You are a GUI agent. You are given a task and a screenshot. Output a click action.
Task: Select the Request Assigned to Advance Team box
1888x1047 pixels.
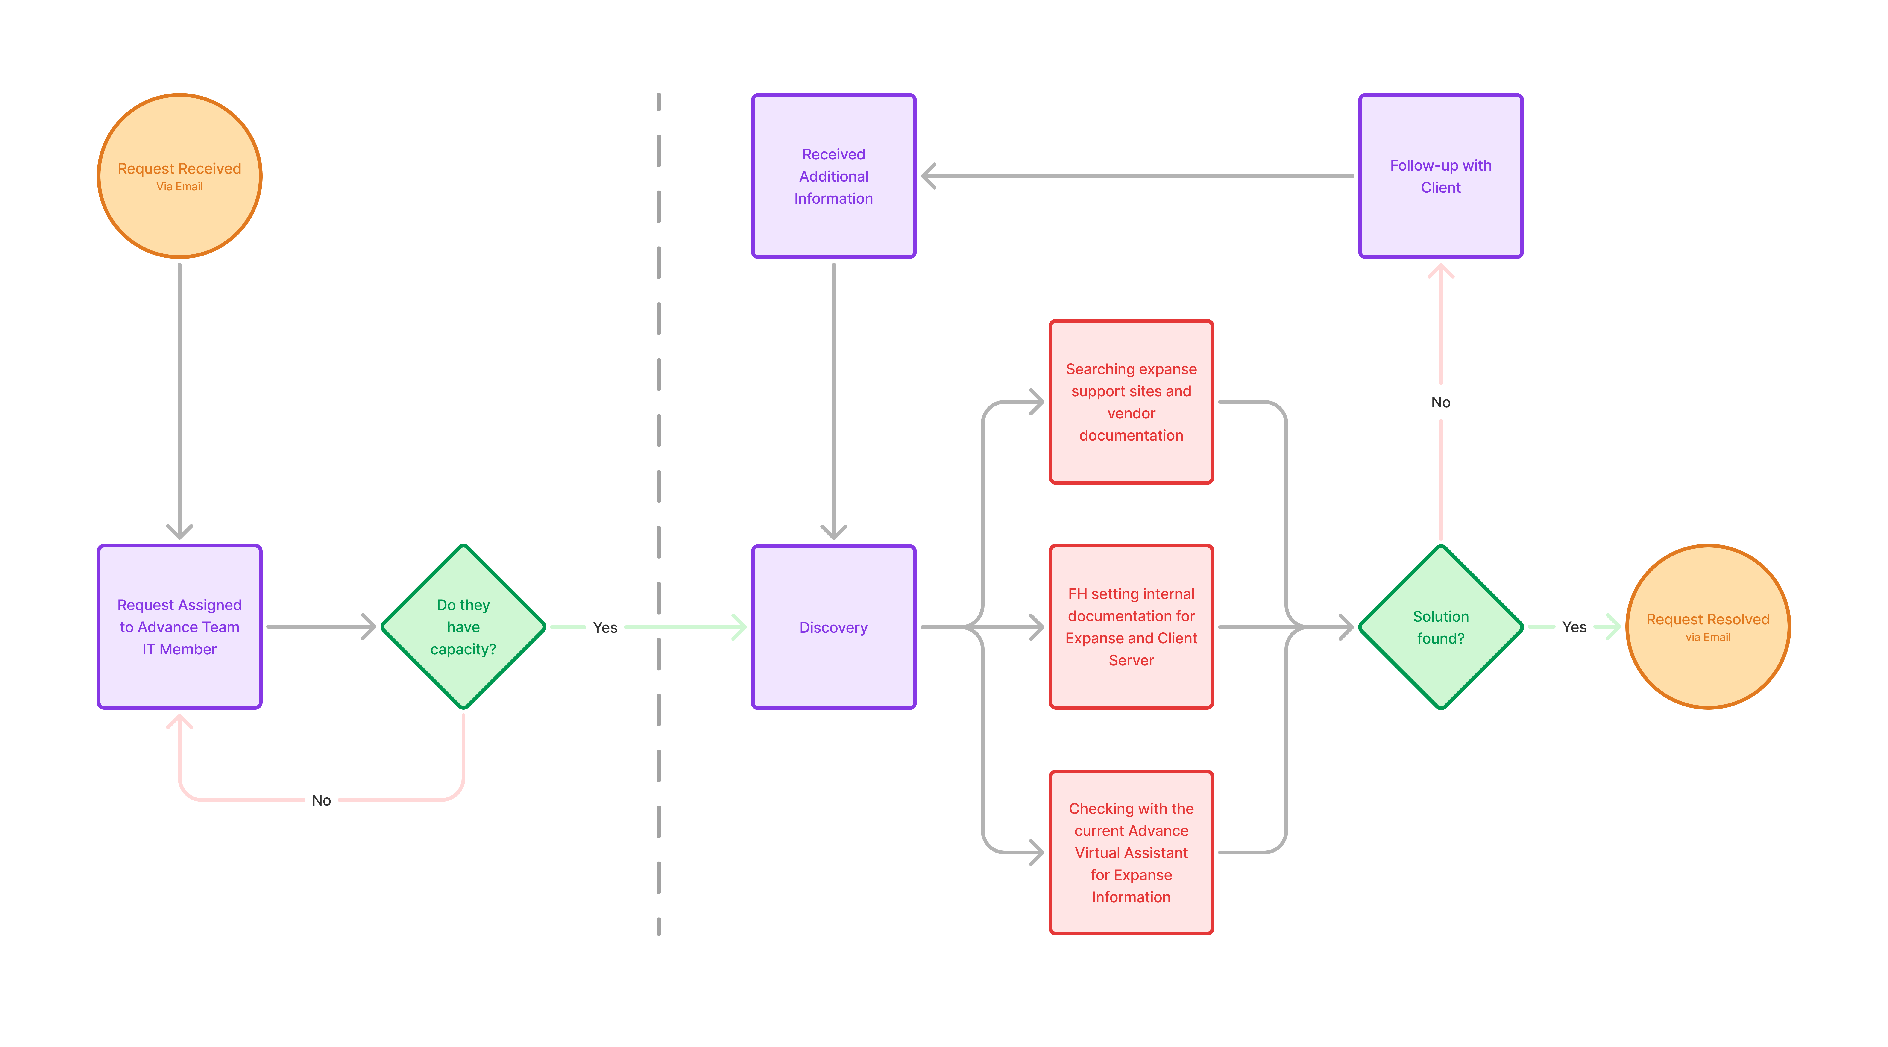coord(180,627)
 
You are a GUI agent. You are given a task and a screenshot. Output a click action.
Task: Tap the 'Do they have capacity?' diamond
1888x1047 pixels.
coord(463,627)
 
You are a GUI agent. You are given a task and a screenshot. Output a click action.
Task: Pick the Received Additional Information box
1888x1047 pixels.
coord(833,176)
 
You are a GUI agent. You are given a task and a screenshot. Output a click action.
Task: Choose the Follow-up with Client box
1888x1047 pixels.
coord(1440,176)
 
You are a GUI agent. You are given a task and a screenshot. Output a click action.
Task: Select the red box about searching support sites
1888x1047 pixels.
coord(1131,402)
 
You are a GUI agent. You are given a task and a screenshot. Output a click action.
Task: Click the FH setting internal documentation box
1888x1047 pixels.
coord(1131,627)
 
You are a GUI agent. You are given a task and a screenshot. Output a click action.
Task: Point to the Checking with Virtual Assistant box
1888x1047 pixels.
coord(1131,852)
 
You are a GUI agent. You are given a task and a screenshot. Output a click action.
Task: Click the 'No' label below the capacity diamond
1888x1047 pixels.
coord(321,800)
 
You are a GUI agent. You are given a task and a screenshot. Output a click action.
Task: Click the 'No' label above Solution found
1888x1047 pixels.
coord(1440,402)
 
